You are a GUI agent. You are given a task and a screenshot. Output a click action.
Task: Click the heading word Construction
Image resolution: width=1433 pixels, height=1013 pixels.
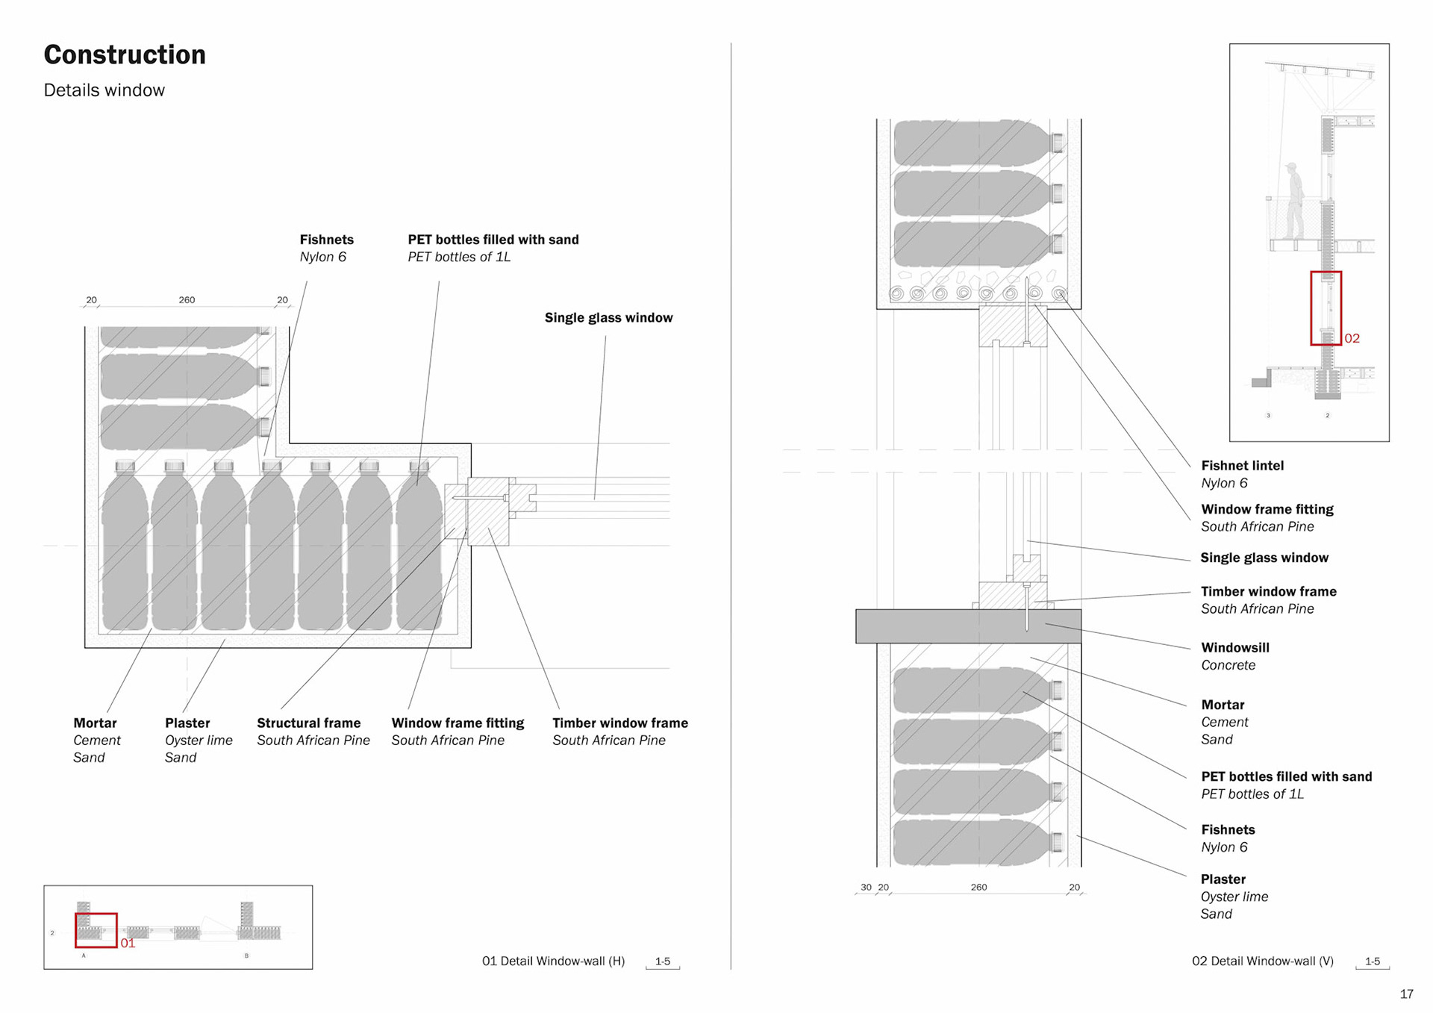click(125, 55)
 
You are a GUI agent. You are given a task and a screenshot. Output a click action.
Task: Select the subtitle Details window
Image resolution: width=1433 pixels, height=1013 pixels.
click(104, 90)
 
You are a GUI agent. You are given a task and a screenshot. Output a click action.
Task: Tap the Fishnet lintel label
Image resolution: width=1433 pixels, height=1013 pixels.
click(1242, 466)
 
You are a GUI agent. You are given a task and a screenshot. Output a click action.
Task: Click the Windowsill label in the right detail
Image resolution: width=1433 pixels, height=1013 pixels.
click(1234, 648)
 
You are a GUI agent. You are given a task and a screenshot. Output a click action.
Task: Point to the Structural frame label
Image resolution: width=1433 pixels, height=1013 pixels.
click(308, 723)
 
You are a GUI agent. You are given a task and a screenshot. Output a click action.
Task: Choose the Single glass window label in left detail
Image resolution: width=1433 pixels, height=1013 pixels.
click(608, 318)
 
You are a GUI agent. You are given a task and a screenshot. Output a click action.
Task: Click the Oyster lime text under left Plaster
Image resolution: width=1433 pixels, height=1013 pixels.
click(199, 741)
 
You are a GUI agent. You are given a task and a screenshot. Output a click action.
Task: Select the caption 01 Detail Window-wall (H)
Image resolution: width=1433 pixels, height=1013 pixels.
click(553, 961)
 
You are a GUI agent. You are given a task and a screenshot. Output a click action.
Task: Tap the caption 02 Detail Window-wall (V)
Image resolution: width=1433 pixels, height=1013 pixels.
click(1262, 961)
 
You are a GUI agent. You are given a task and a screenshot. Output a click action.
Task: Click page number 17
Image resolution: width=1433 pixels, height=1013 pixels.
click(1406, 994)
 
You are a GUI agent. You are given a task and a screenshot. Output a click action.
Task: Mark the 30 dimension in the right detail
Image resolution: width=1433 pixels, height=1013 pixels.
click(866, 888)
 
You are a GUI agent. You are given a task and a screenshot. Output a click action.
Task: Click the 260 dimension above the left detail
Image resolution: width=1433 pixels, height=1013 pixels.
click(187, 300)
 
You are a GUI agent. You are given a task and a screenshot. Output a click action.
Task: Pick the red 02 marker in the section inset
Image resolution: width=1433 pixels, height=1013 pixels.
click(1352, 339)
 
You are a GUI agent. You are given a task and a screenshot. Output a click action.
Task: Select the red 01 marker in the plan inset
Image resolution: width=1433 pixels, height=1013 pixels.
click(128, 944)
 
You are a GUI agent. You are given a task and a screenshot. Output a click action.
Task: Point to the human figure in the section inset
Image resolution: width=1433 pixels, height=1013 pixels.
click(1294, 199)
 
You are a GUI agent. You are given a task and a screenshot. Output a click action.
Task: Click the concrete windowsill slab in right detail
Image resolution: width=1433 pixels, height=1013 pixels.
click(967, 626)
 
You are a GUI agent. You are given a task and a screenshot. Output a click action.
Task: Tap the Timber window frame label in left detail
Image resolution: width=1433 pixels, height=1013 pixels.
click(619, 723)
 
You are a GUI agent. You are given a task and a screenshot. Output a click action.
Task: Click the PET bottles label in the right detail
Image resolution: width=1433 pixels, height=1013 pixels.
click(1286, 777)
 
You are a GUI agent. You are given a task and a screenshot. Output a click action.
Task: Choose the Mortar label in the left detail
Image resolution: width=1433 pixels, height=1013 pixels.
click(95, 723)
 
